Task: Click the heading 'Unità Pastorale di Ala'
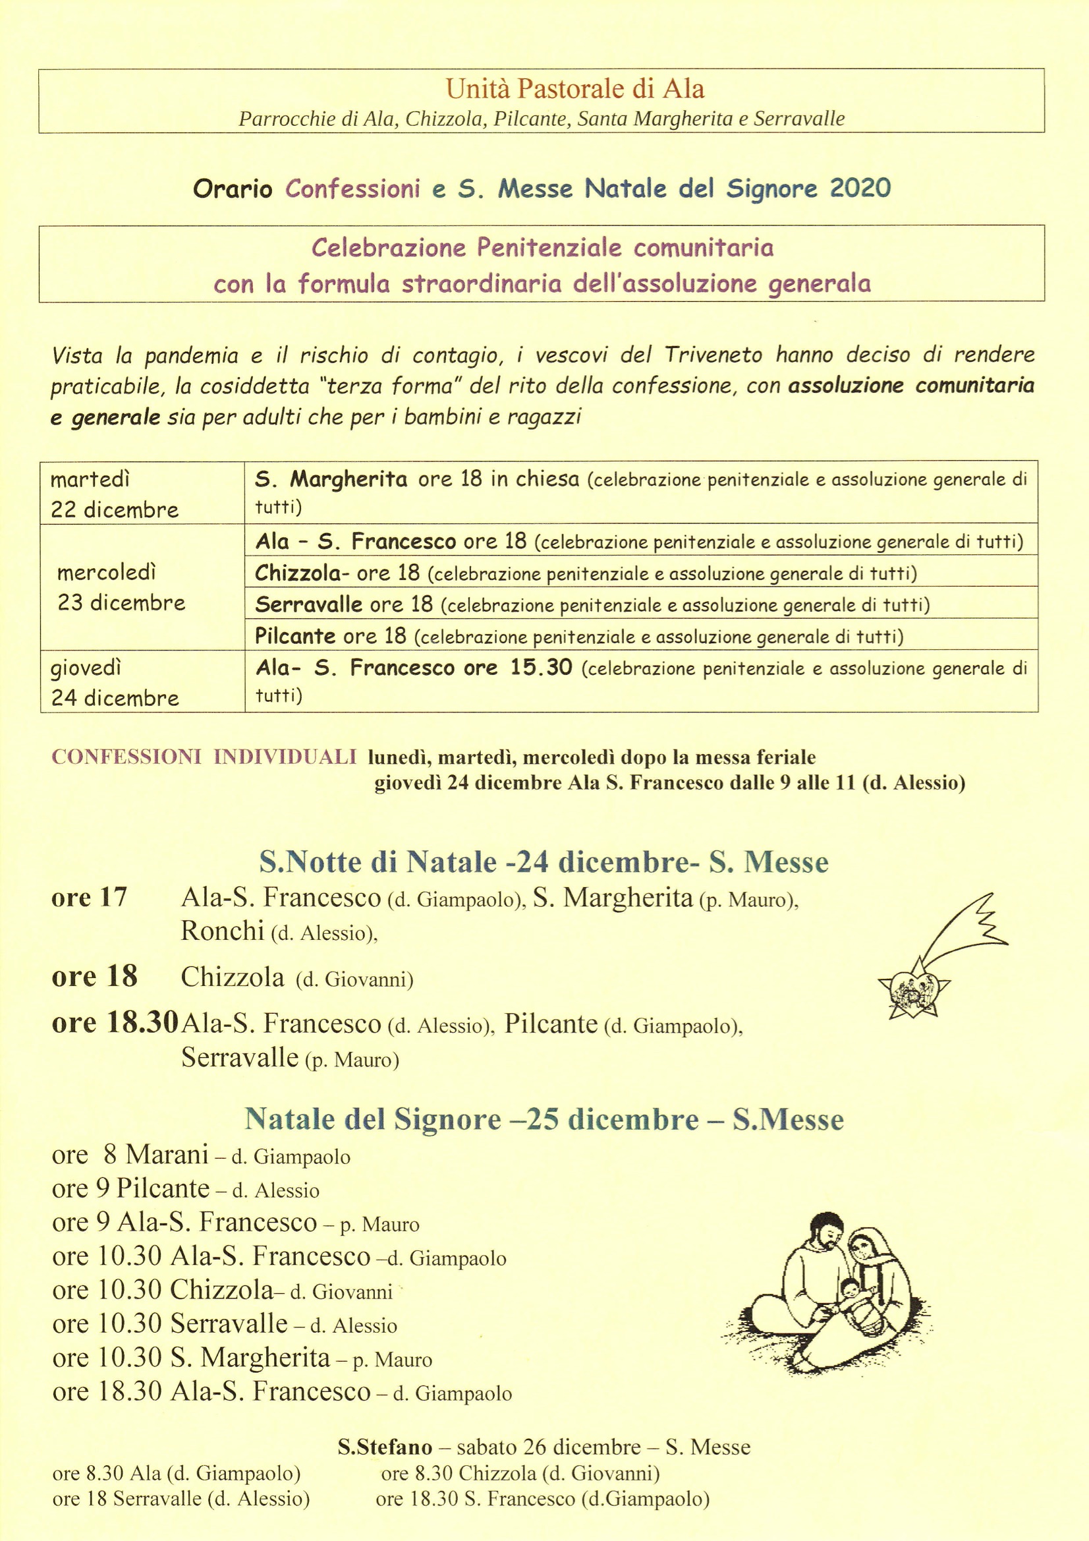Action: (575, 88)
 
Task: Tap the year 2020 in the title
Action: (860, 189)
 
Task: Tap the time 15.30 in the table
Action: (541, 667)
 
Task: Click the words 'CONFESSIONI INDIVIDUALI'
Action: (204, 757)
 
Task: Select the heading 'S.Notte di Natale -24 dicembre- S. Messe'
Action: (544, 861)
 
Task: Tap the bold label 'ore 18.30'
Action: (115, 1022)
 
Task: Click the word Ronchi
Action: (222, 931)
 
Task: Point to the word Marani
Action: (167, 1154)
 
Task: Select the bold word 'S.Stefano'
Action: (385, 1447)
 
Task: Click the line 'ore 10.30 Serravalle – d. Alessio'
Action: (225, 1324)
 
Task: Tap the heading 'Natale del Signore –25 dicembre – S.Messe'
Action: (544, 1119)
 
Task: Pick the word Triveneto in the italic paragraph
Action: (713, 355)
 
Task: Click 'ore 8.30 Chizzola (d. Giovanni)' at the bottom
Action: (520, 1473)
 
